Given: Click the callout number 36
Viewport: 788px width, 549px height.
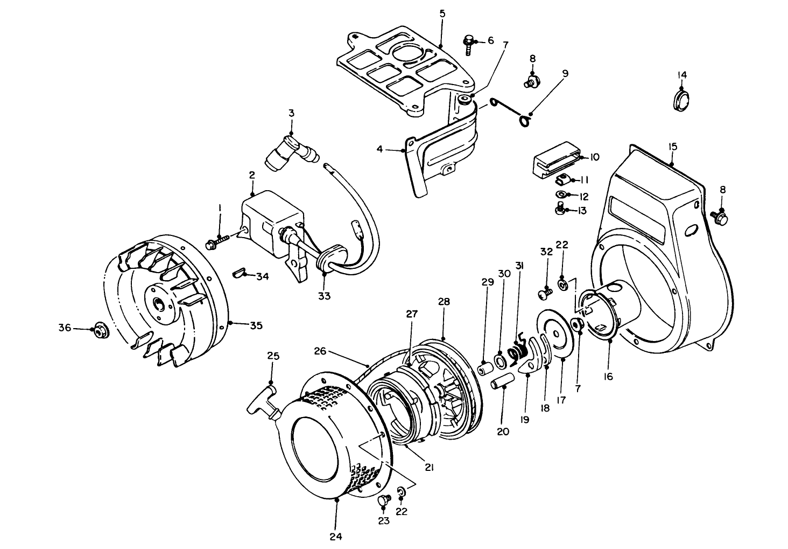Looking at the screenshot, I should coord(65,328).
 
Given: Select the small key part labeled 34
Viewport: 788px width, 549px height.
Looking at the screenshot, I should coord(238,273).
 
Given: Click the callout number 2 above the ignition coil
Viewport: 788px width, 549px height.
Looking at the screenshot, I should coord(251,175).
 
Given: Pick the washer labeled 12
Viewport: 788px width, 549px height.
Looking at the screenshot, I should coord(560,194).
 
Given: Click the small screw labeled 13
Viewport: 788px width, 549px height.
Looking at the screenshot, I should coord(560,209).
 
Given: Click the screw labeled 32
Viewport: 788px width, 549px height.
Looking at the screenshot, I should coord(545,294).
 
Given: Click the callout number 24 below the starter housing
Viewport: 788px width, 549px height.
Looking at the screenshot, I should coord(336,536).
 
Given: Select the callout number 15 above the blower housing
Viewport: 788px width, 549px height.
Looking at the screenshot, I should coord(672,146).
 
